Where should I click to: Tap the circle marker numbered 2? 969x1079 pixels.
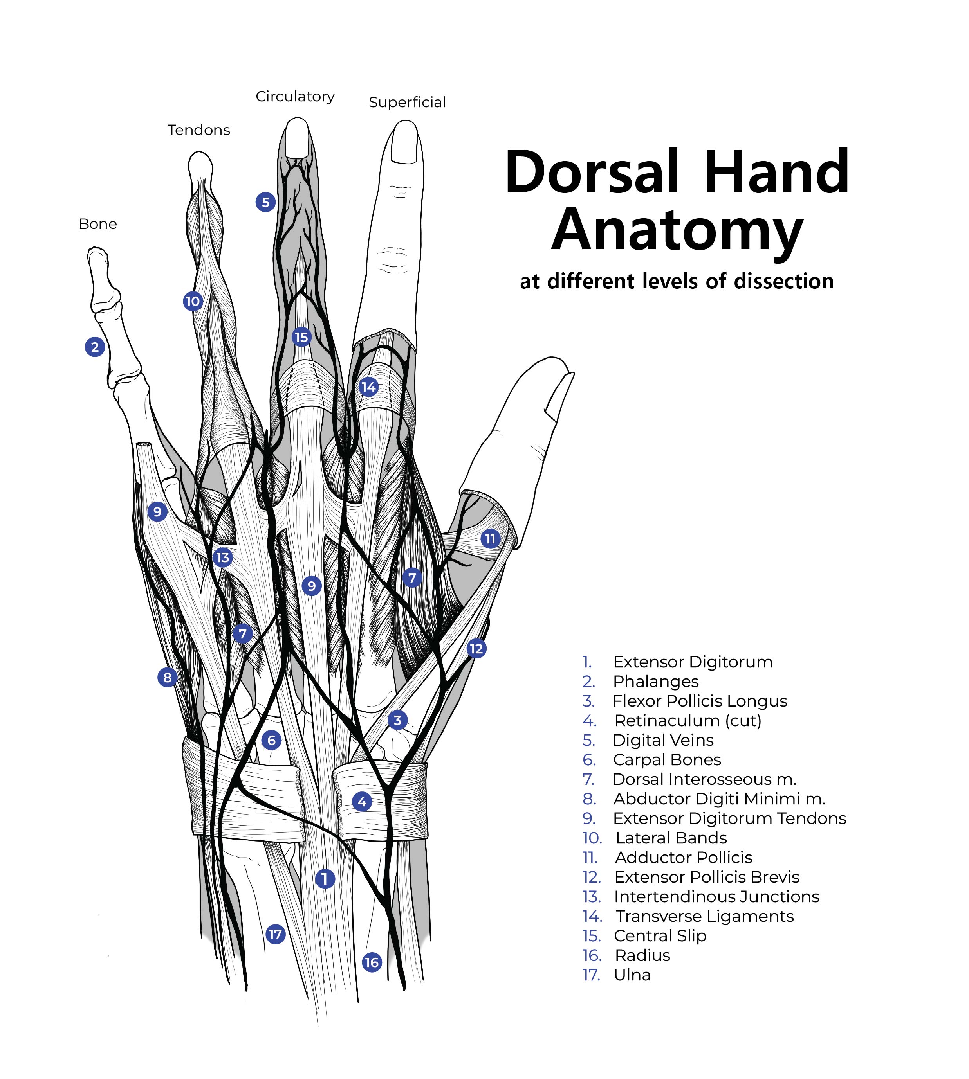click(95, 347)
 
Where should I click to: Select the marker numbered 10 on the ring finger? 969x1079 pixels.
click(192, 301)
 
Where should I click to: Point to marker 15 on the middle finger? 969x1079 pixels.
click(301, 337)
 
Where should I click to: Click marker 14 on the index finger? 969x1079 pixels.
click(368, 387)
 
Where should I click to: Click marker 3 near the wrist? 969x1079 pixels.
click(397, 720)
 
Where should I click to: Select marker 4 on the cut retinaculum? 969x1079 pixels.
click(362, 801)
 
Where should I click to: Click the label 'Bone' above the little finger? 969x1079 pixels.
click(97, 224)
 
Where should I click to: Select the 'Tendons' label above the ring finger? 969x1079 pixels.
click(198, 130)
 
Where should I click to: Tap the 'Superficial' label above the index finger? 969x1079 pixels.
click(407, 102)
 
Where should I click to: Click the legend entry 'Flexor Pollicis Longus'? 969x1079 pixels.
click(699, 701)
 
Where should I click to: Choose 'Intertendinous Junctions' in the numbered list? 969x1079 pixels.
click(716, 897)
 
